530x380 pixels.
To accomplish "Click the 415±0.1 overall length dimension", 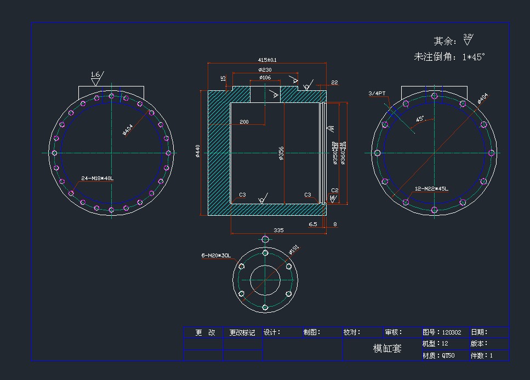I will [x=267, y=60].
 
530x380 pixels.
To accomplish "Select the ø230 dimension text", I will [x=265, y=70].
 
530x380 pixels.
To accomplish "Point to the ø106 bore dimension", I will [x=265, y=78].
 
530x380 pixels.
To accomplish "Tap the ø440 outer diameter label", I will [x=198, y=152].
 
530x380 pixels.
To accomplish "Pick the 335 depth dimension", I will [x=278, y=231].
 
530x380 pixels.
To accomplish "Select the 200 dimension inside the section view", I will [x=244, y=122].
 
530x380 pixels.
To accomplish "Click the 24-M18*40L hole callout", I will [x=98, y=179].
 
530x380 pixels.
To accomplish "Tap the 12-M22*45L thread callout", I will [x=431, y=189].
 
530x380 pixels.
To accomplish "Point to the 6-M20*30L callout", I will [x=216, y=256].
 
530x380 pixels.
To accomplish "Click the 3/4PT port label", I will [x=377, y=94].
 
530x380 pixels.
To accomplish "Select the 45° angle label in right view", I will [x=420, y=118].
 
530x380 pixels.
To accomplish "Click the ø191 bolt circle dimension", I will [x=294, y=251].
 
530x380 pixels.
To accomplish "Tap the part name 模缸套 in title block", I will [x=387, y=349].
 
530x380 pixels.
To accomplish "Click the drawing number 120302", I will [x=452, y=332].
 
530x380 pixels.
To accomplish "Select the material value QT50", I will [x=448, y=355].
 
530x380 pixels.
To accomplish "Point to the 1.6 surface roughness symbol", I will [x=96, y=75].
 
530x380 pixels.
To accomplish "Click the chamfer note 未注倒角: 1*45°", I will [x=449, y=57].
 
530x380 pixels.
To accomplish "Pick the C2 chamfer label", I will [x=335, y=191].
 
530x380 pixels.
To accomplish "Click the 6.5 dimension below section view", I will [x=313, y=224].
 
